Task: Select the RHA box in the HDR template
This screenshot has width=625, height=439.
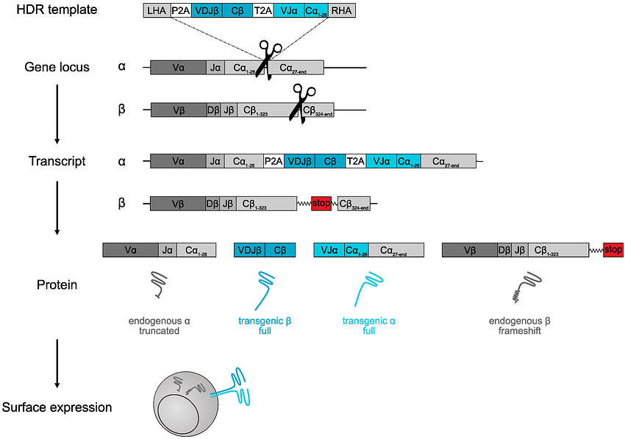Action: pos(341,10)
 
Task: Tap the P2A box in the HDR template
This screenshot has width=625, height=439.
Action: pos(180,10)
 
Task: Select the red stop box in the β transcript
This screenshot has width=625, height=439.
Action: pos(321,203)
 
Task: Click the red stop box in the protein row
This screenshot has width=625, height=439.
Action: pos(613,250)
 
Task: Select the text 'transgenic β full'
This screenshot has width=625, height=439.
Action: pos(265,326)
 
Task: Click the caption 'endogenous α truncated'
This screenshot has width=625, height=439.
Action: pos(159,326)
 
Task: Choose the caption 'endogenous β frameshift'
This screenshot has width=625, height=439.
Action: pos(521,326)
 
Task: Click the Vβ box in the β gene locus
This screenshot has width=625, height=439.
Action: pos(178,110)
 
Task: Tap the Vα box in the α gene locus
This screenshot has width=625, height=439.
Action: pos(178,68)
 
